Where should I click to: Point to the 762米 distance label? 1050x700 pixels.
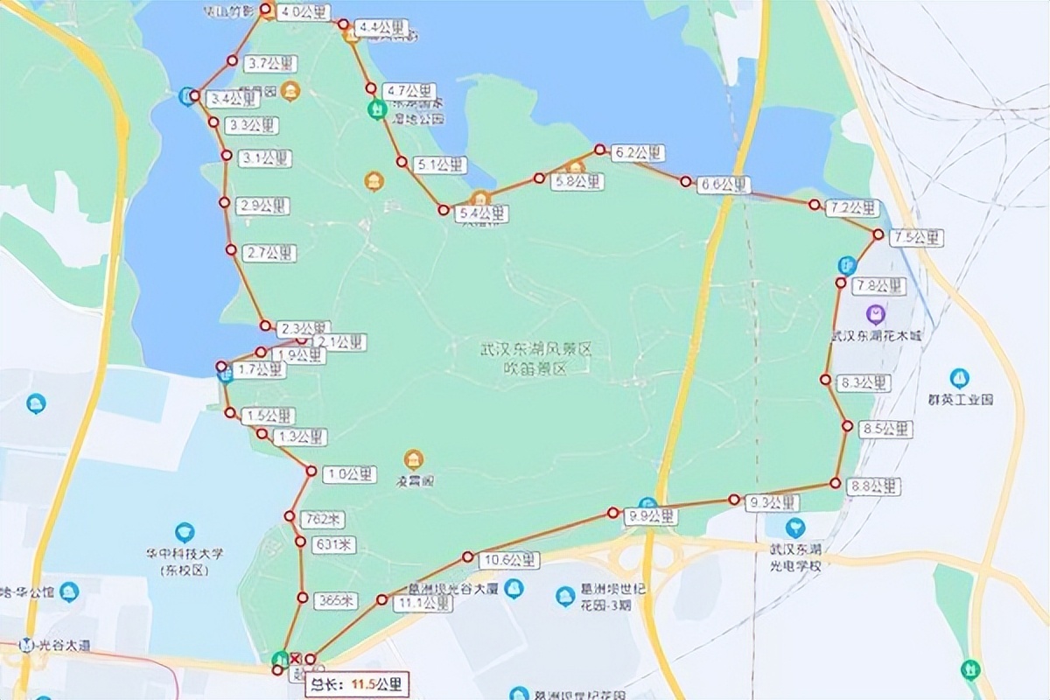point(316,519)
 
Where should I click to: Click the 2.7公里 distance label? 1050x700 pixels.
point(269,253)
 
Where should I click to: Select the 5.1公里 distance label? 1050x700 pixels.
point(440,164)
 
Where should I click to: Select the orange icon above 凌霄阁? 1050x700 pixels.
point(413,458)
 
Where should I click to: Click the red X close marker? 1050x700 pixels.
point(296,659)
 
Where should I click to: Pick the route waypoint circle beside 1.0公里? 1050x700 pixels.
point(311,471)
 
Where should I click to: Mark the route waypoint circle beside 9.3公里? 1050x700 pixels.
point(733,500)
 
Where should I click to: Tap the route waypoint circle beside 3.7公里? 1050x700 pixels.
point(232,60)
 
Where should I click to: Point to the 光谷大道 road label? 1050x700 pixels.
point(66,645)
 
